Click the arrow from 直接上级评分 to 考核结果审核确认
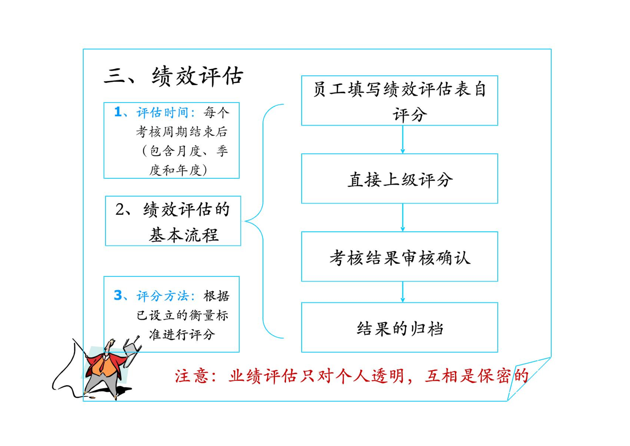403,217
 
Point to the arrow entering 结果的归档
403,292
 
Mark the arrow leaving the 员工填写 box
403,140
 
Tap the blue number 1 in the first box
118,112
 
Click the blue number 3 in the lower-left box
118,295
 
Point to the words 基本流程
184,235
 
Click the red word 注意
192,376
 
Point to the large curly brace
263,221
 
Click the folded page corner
526,378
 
